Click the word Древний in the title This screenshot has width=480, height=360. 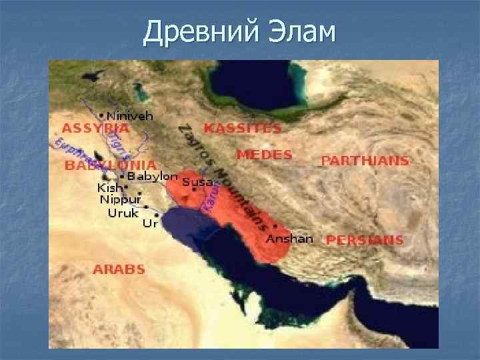point(195,31)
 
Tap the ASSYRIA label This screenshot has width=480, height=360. point(95,127)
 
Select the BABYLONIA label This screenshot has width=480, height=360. point(111,165)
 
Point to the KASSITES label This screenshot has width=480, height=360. point(243,127)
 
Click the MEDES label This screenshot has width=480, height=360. point(264,155)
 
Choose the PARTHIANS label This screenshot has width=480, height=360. point(365,161)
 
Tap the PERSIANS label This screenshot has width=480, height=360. point(365,240)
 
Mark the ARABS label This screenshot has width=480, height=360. point(119,269)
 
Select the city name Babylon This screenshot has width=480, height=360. point(153,177)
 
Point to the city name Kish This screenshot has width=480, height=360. point(110,188)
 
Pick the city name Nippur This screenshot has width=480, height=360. point(121,200)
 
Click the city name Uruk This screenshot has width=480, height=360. point(123,213)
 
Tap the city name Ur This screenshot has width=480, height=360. point(150,224)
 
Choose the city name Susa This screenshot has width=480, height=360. point(197,182)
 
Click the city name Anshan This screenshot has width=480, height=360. point(289,239)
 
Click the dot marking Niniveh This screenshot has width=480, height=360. point(101,115)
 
